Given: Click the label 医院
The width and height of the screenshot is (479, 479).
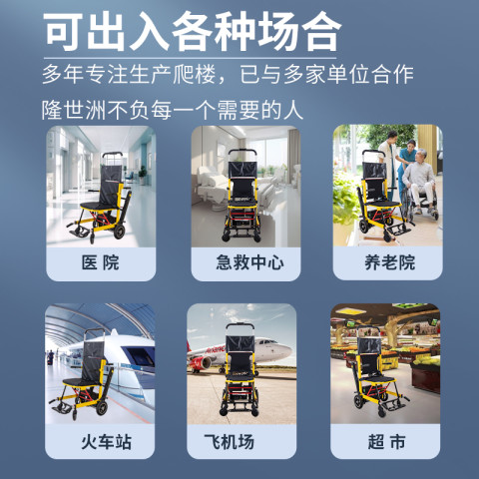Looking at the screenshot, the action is click(101, 262).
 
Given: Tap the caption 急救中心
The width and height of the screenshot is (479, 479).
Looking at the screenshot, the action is click(249, 262).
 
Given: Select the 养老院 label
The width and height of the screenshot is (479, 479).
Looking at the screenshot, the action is click(389, 262).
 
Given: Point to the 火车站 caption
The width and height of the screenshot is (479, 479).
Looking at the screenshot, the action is click(107, 442).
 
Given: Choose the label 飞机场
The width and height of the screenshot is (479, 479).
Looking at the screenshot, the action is click(230, 442).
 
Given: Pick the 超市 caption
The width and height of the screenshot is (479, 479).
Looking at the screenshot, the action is click(386, 442).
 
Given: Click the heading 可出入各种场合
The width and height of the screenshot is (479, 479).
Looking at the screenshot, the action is click(193, 32).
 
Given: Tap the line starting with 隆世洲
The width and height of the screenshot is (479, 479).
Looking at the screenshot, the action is click(173, 110).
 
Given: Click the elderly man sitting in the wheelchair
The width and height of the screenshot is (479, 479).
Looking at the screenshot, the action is click(420, 182).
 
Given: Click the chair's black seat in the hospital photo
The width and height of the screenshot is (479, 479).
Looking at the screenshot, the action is click(98, 206).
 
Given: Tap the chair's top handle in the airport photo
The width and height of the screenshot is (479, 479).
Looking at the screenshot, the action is click(240, 325).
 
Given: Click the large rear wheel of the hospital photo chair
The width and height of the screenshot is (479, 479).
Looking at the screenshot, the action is click(120, 232).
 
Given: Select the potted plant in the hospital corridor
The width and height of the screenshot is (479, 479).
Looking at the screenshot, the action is click(143, 175).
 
